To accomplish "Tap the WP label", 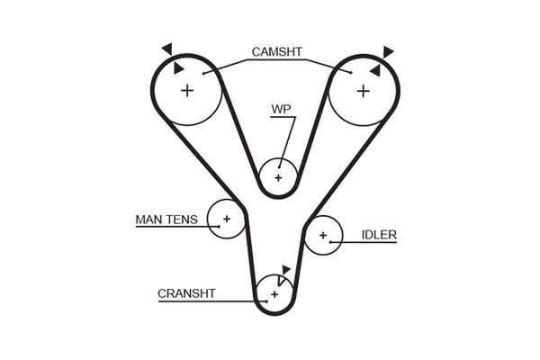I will [282, 111].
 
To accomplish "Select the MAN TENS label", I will [166, 219].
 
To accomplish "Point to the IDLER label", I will [379, 236].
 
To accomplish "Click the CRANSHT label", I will [186, 293].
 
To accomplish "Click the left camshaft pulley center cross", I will [187, 90].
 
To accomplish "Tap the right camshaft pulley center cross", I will [364, 90].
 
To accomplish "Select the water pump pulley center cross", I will [278, 177].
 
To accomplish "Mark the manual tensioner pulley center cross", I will [227, 219].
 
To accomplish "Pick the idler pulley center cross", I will [322, 236].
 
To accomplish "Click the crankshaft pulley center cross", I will [273, 293].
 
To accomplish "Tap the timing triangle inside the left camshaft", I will [179, 67].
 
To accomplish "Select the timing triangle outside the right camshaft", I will [388, 51].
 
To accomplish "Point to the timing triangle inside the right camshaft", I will [373, 67].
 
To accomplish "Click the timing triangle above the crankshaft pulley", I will [286, 269].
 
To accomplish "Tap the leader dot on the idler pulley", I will [332, 241].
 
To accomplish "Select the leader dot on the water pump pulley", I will [279, 166].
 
